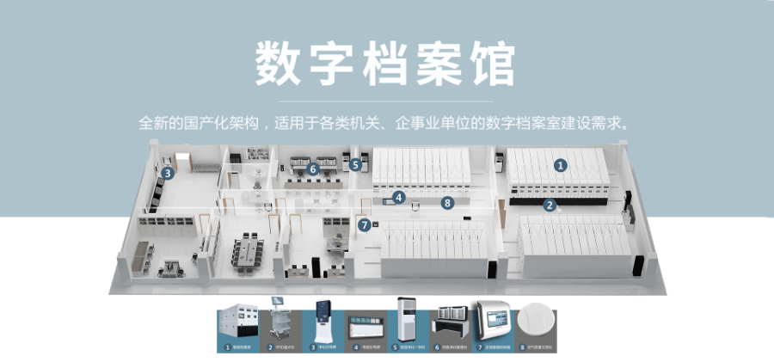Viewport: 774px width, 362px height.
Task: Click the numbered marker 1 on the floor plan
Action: pos(561,164)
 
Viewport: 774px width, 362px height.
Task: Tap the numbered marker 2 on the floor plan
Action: pos(550,205)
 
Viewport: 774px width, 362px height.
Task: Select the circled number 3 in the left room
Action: pos(168,173)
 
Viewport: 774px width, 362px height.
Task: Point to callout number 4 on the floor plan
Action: pos(398,197)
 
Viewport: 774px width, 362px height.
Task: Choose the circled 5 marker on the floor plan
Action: pos(355,163)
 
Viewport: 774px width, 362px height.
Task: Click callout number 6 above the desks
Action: pos(313,169)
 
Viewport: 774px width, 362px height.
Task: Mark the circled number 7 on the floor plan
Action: pos(365,225)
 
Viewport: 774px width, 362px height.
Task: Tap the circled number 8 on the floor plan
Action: pos(446,203)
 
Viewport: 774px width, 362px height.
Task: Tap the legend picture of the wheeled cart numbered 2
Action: pos(280,322)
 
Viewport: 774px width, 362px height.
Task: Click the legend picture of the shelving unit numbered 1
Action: pos(236,322)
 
